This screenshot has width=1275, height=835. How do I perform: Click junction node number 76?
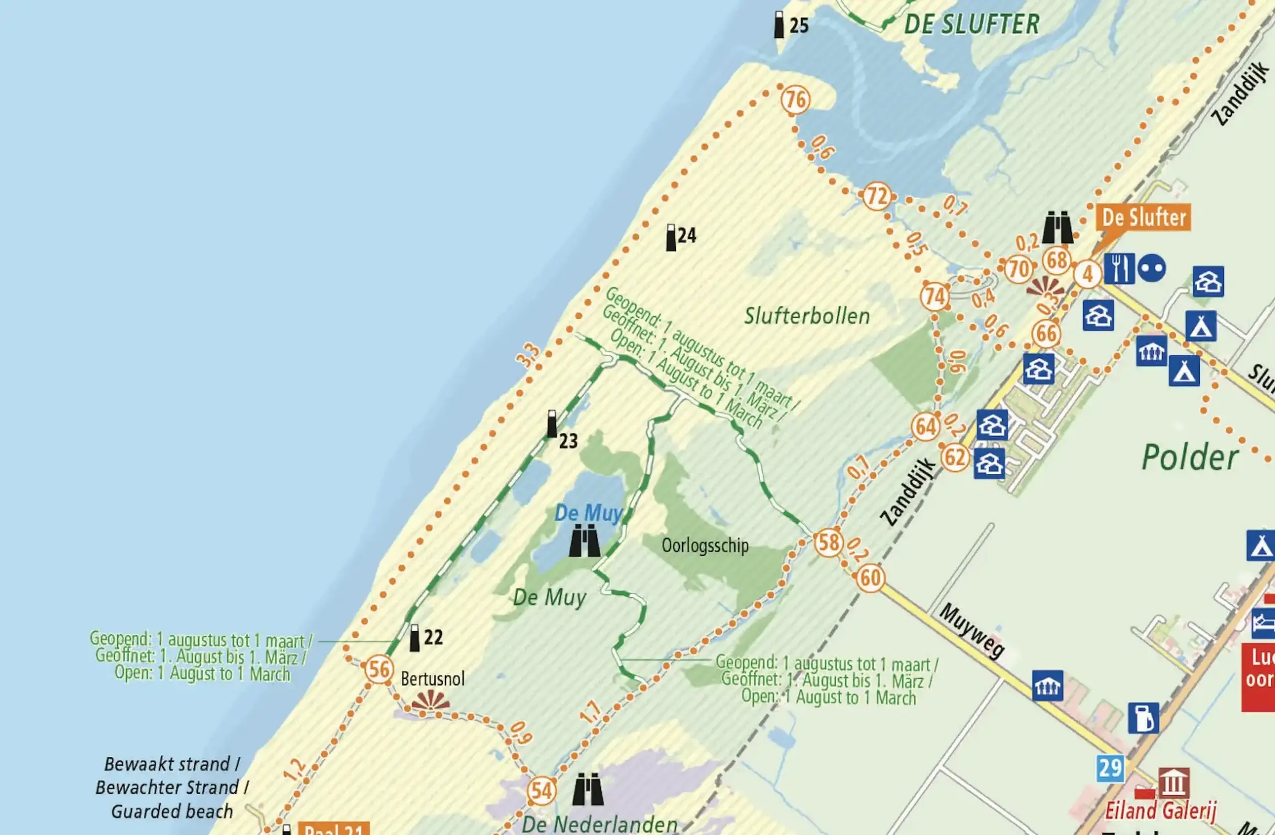795,100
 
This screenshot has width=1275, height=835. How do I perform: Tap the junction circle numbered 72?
877,197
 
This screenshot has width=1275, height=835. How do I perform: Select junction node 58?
829,543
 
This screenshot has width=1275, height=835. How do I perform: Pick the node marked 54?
541,791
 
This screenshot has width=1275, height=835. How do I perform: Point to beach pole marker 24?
671,238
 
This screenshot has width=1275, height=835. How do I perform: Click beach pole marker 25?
779,24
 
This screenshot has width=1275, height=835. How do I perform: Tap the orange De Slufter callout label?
1144,218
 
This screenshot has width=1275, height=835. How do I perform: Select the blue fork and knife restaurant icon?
1119,268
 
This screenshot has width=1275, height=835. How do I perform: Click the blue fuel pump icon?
1143,718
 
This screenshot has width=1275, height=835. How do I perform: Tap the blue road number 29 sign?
1110,769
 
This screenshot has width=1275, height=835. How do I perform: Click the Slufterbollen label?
807,316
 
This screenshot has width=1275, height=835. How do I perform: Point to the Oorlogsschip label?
705,546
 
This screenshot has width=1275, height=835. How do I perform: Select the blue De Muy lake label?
588,513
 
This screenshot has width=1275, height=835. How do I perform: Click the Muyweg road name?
972,631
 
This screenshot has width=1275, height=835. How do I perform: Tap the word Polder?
1190,458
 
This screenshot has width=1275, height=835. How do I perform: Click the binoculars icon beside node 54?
588,790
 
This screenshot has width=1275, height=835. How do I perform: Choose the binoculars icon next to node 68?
1057,227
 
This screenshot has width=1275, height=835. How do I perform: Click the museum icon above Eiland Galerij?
1174,783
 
